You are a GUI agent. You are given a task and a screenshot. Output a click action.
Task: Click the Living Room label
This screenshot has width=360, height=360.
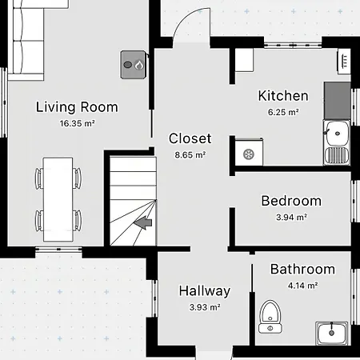pos(77,107)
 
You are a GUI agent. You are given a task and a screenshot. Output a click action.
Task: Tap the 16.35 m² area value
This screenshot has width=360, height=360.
pos(77,123)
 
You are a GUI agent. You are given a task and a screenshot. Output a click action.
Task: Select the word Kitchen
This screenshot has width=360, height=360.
pos(283,96)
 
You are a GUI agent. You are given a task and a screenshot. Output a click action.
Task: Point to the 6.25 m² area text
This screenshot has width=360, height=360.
pos(283,112)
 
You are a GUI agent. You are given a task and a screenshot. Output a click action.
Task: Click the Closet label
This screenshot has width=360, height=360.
pos(190,138)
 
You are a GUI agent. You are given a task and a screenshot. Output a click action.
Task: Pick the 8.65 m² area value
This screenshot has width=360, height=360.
pos(190,154)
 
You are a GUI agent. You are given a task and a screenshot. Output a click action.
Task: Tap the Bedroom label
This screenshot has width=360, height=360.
pos(291,201)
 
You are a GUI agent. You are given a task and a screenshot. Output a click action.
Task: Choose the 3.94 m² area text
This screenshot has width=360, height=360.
pos(291,217)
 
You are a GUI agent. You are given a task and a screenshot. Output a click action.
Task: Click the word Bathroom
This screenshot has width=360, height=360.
pos(302,269)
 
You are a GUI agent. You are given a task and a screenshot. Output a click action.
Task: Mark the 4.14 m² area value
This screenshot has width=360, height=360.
pos(302,286)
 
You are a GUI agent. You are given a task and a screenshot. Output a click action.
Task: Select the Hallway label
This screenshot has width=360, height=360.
pos(205,291)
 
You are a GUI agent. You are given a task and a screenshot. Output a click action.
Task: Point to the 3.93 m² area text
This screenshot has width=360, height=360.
pos(205,307)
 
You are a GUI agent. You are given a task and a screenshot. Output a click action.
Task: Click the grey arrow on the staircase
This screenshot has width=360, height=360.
pos(142,222)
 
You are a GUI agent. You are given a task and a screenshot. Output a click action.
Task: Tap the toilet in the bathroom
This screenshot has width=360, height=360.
pos(270,317)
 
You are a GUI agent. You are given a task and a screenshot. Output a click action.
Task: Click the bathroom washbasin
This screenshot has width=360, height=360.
pos(332,333)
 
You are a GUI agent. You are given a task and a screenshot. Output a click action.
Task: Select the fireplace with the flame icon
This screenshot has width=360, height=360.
pos(134,65)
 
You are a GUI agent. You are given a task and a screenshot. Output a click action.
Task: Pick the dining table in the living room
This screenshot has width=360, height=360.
pos(58,199)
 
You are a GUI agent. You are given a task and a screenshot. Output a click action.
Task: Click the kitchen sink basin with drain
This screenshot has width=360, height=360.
pos(337,133)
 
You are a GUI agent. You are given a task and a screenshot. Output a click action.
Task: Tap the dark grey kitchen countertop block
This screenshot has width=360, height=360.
pos(337,101)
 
